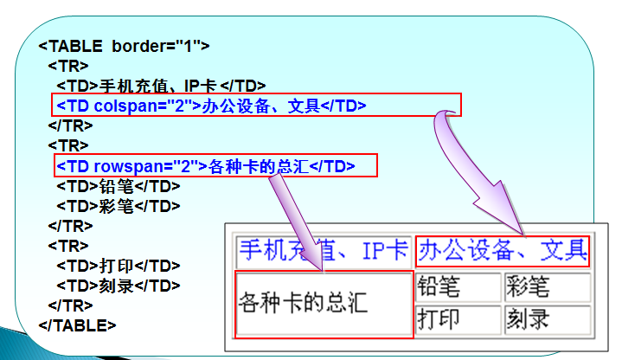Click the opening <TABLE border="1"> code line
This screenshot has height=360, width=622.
coord(123,46)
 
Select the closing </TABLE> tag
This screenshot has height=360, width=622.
coord(78,325)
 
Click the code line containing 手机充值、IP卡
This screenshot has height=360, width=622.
coord(161,85)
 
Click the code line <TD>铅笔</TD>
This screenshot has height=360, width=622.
coord(118,185)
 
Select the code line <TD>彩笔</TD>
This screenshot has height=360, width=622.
coord(118,206)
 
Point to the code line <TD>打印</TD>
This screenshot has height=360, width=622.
coord(118,265)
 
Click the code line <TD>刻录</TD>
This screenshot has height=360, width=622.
coord(118,285)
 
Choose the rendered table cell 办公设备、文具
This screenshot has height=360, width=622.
coord(502,251)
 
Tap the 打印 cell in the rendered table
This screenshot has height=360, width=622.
coord(458,318)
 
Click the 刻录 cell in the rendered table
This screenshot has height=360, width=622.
coord(547,318)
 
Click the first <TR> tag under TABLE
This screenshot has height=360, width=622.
coord(63,66)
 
